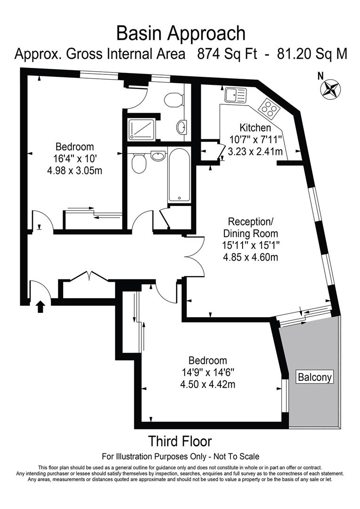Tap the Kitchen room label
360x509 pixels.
point(255,128)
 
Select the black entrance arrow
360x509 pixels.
point(41,307)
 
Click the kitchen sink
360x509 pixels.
point(235,95)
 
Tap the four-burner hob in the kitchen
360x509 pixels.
point(269,108)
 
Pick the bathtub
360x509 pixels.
point(179,176)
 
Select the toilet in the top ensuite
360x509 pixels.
point(173,99)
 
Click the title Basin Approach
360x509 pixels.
point(180,33)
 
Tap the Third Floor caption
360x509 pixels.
point(180,442)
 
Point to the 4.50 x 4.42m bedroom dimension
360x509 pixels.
point(208,384)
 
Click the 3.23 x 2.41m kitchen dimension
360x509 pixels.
point(255,151)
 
